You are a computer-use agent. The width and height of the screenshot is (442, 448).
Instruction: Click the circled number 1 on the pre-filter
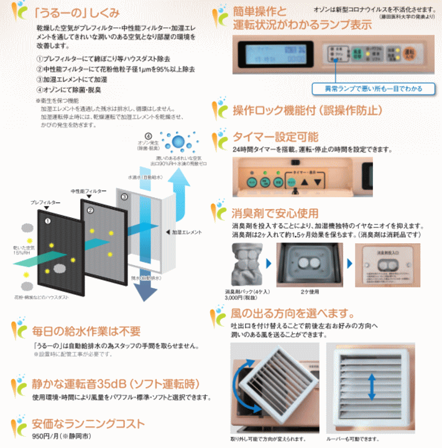point(47,220)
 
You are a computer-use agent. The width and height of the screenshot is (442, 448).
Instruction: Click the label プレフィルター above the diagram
point(45,203)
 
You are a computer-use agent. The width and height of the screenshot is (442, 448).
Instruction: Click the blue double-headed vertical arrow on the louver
point(371,387)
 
